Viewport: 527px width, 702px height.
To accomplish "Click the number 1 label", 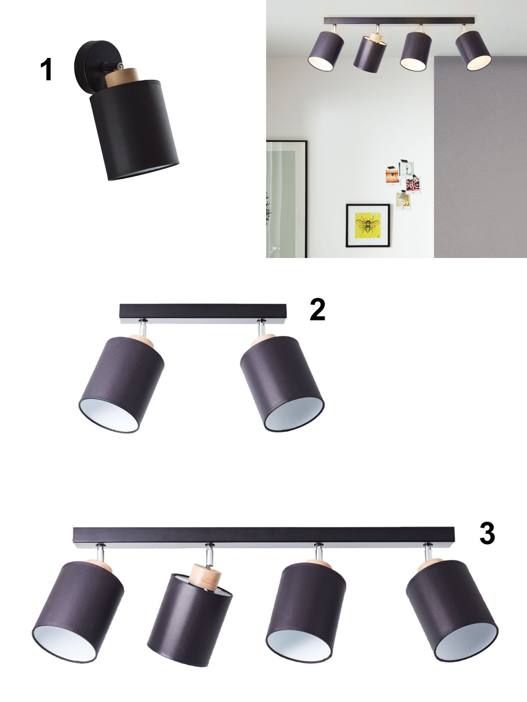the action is tap(47, 70).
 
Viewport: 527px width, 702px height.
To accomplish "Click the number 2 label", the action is tap(318, 309).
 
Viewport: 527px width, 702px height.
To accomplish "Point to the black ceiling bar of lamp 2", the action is tap(203, 314).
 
